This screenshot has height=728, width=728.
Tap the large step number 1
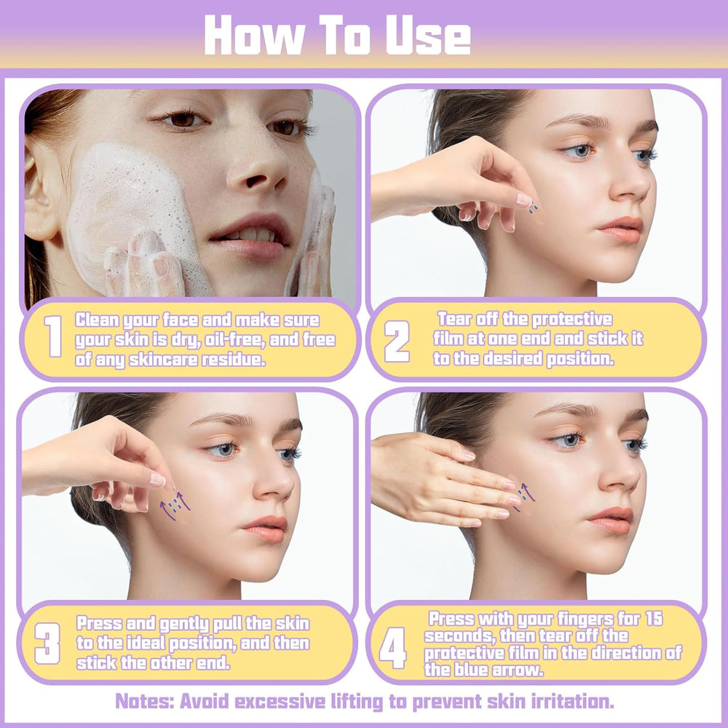[53, 336]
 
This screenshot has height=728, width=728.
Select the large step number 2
[397, 341]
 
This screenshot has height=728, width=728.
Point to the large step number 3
[47, 644]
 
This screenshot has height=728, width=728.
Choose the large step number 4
[393, 648]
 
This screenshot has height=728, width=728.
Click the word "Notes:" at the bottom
[144, 701]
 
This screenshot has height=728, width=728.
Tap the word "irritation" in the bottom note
[570, 701]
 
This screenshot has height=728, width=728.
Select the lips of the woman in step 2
[621, 229]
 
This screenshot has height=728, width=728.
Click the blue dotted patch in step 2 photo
[534, 207]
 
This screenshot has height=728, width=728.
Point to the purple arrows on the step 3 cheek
[175, 505]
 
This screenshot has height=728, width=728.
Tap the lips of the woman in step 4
[610, 520]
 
